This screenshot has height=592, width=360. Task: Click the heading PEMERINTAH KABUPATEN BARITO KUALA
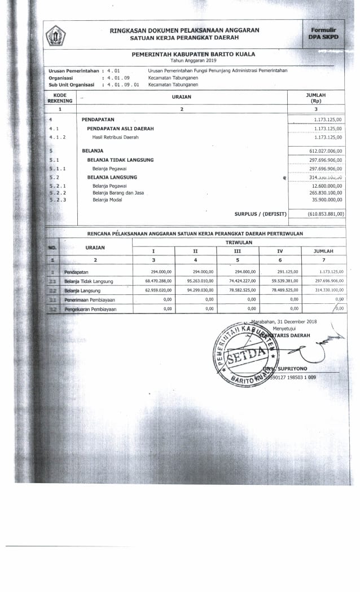coord(194,54)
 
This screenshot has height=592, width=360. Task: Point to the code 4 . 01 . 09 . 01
coord(124,85)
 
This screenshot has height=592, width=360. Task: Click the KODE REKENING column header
coord(60,98)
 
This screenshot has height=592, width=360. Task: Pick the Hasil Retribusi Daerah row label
coord(115,137)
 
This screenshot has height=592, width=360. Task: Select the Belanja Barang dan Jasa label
coord(118,192)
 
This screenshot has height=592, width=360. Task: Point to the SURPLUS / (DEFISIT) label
coord(260,214)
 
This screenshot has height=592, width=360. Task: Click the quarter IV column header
coord(279,250)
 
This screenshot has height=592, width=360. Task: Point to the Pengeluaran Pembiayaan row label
coord(90,309)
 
